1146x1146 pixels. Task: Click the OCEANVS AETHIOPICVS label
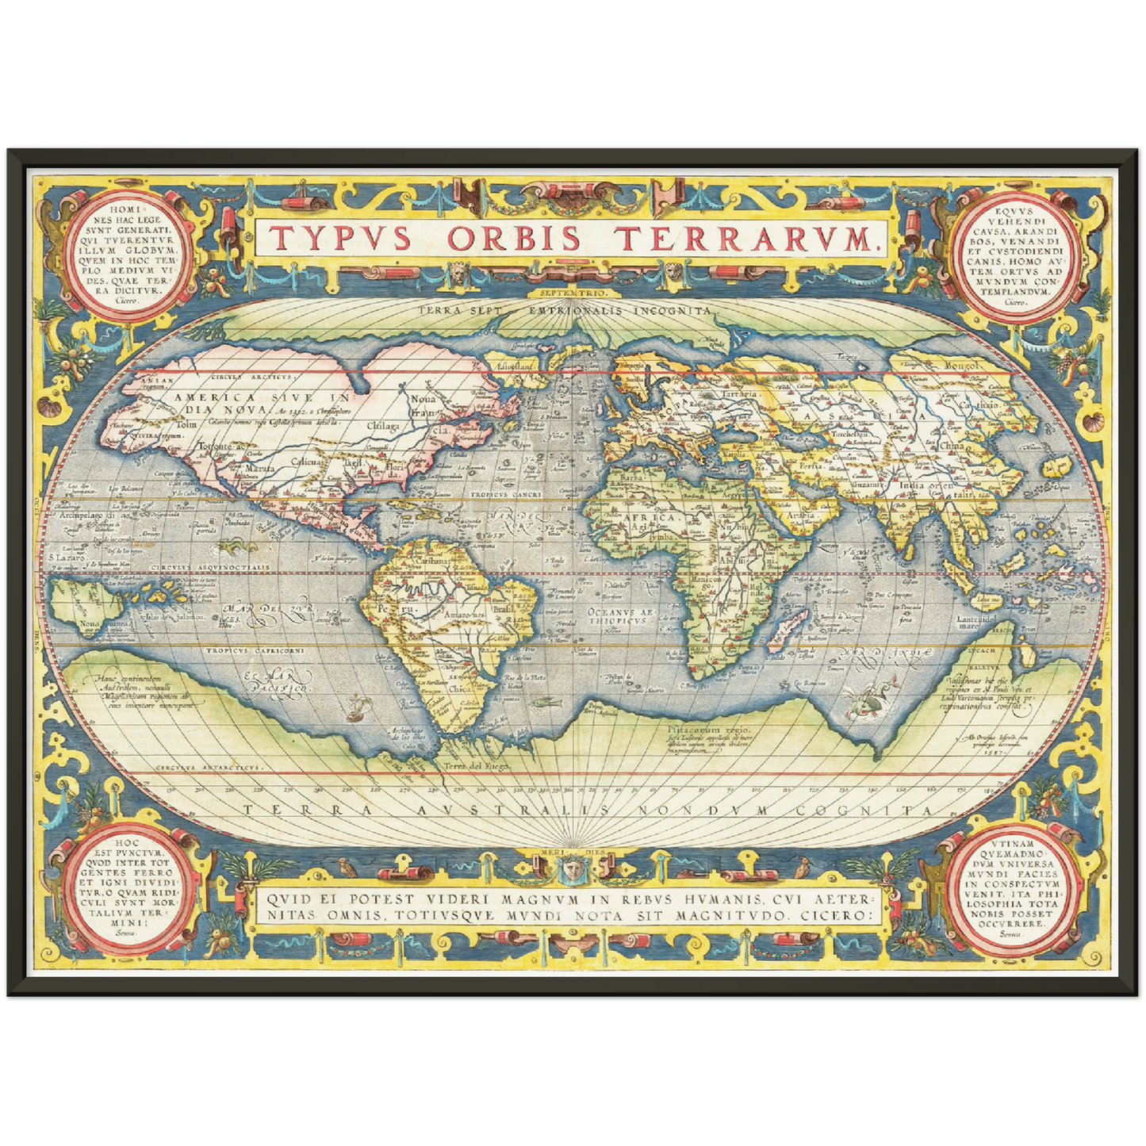[619, 615]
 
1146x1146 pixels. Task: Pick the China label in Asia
[952, 446]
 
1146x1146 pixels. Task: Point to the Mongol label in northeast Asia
[962, 366]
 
